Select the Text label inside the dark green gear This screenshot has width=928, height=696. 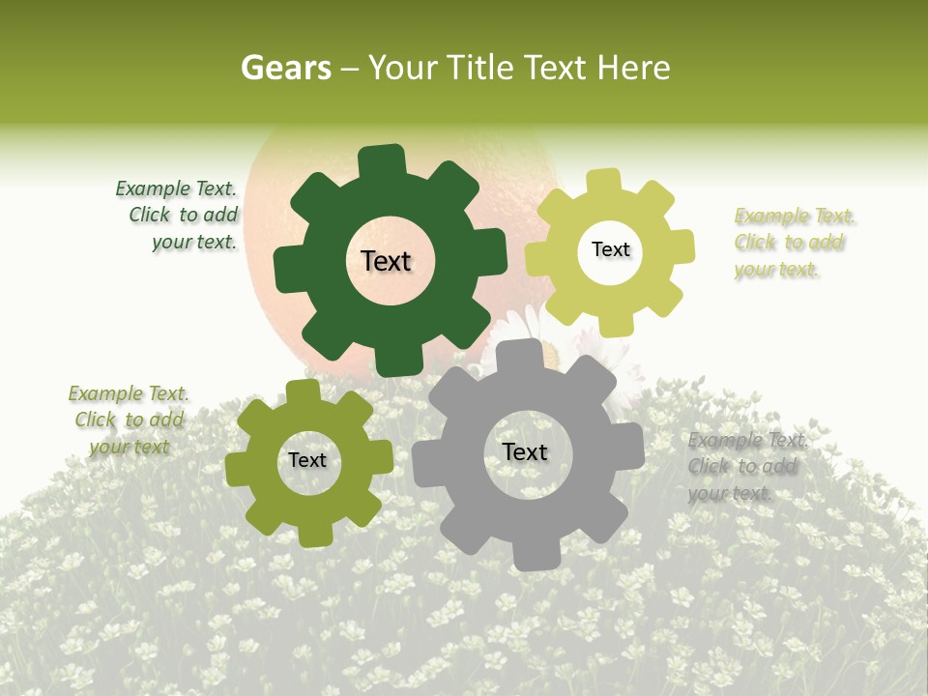coord(387,261)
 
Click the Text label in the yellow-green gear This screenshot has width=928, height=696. coord(610,249)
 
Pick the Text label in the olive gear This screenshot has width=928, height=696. coord(307,460)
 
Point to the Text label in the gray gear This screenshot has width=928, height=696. coord(525,451)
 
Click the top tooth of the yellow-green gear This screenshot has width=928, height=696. coord(604,182)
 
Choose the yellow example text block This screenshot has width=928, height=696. coord(793,243)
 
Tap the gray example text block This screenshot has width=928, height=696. coord(746,467)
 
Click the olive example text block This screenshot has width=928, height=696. coord(130,420)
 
